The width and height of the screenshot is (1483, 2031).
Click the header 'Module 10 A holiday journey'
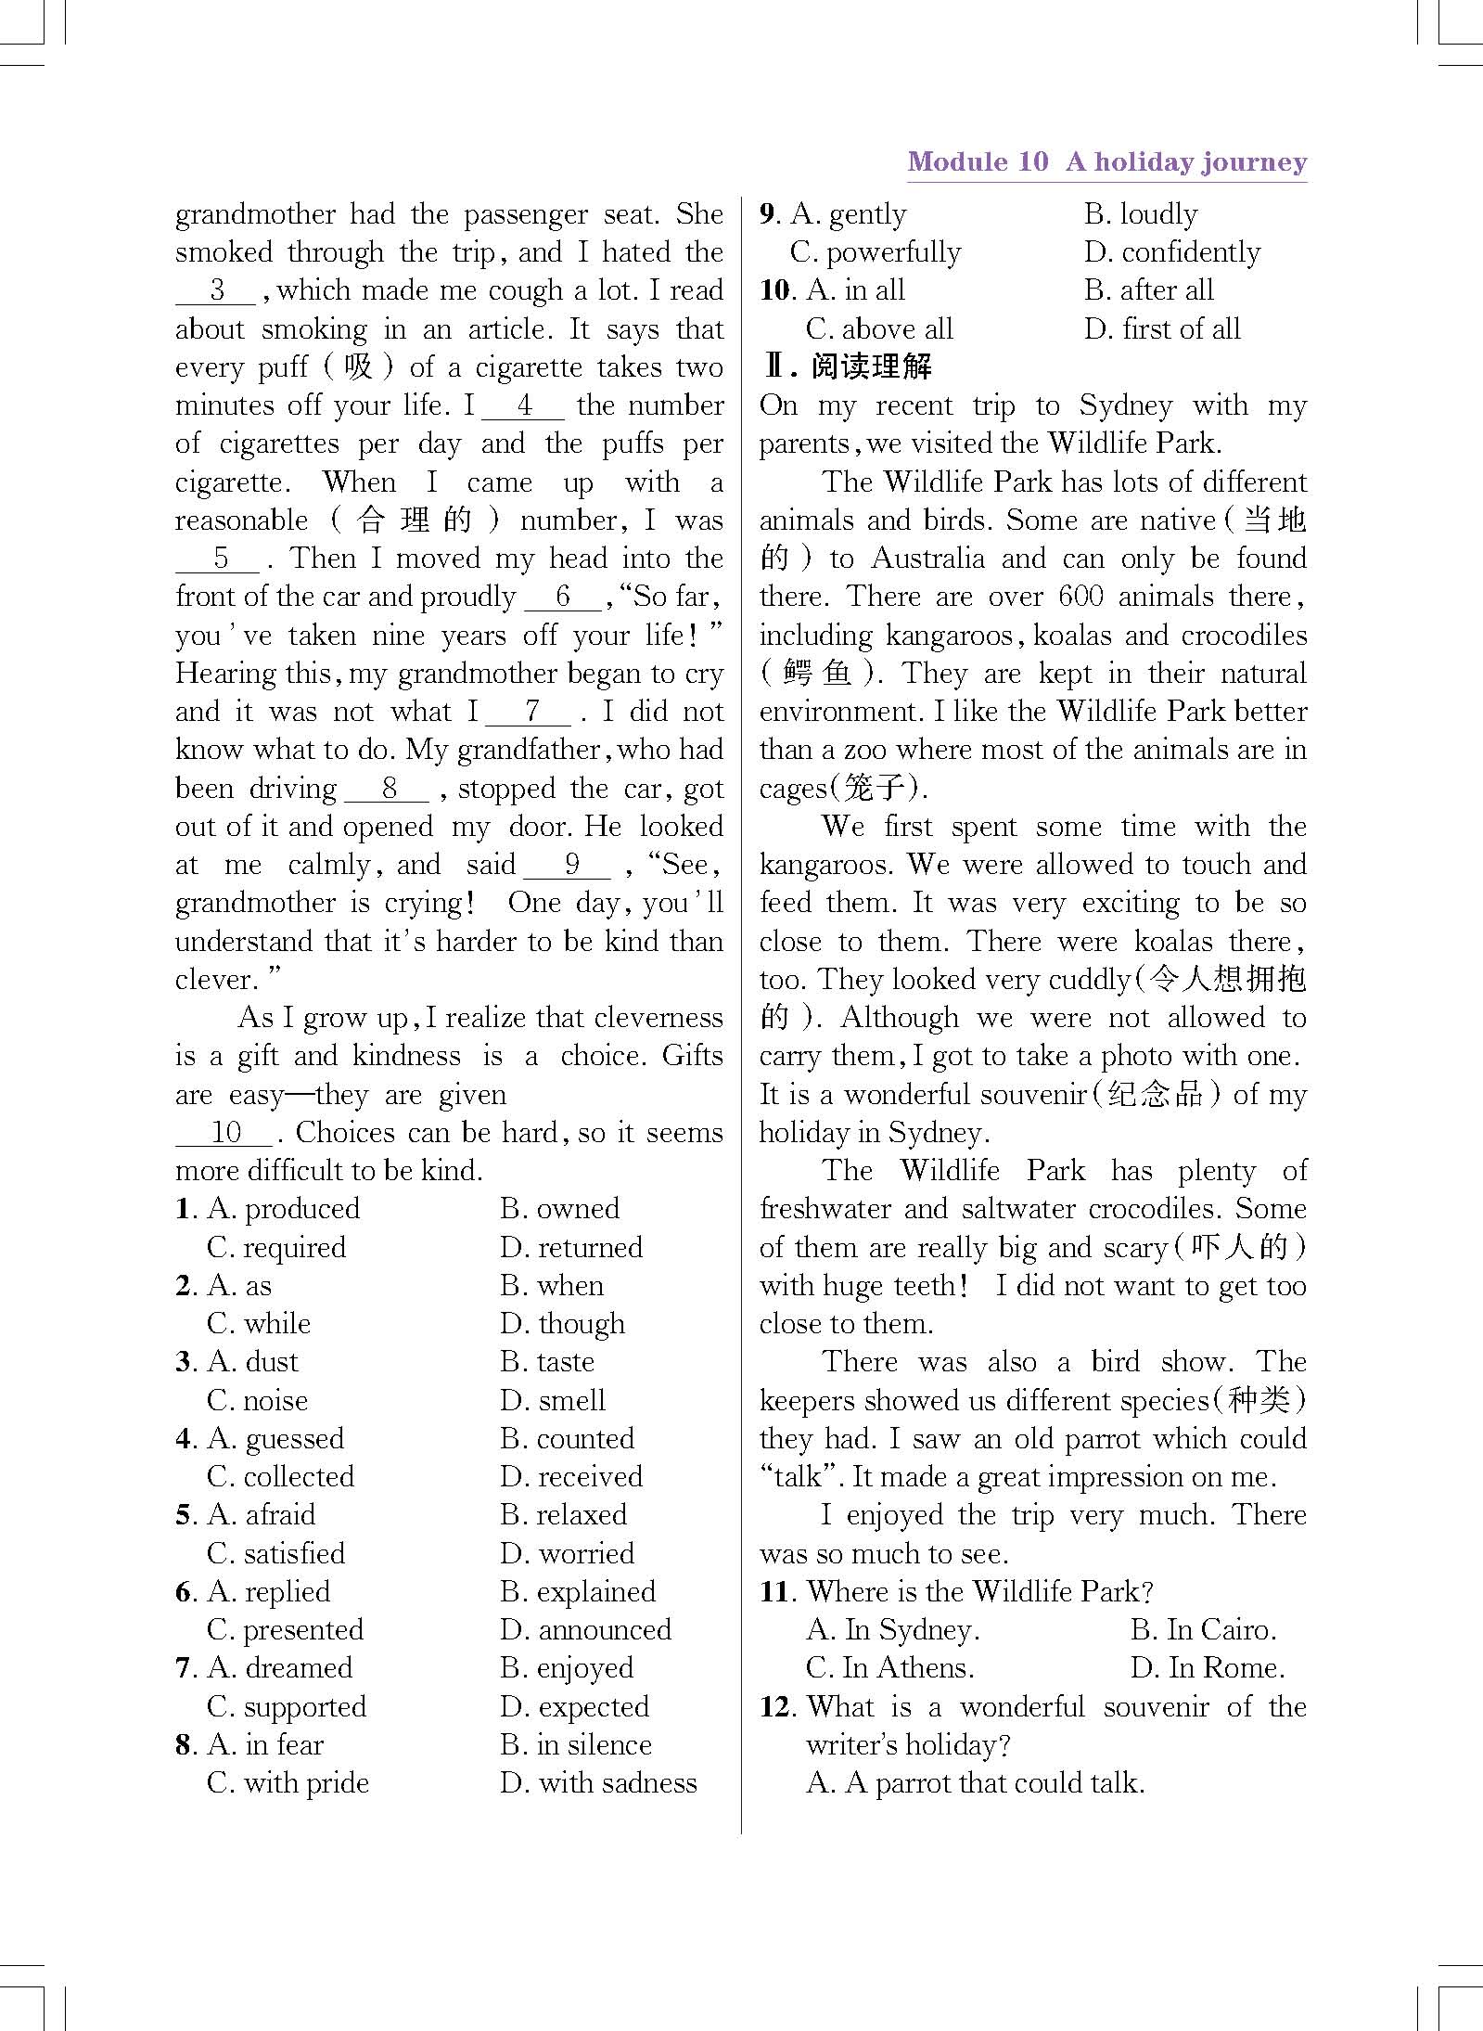pyautogui.click(x=1106, y=162)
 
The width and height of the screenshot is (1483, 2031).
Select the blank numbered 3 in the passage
pyautogui.click(x=215, y=290)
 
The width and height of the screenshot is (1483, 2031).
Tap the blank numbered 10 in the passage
pyautogui.click(x=224, y=1133)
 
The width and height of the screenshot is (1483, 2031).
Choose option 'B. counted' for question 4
pyautogui.click(x=567, y=1439)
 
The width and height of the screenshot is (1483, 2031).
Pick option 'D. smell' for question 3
pyautogui.click(x=553, y=1400)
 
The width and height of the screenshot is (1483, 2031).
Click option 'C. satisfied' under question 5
pyautogui.click(x=276, y=1553)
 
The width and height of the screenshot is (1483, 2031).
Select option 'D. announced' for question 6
pyautogui.click(x=585, y=1630)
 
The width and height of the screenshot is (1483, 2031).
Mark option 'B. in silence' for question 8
pyautogui.click(x=576, y=1745)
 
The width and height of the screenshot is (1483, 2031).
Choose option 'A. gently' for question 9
pyautogui.click(x=848, y=215)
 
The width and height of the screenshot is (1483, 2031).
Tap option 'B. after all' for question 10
pyautogui.click(x=1148, y=291)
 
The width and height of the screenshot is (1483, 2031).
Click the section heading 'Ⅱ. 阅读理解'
pyautogui.click(x=847, y=366)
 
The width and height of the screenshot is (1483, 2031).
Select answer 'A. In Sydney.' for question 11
pyautogui.click(x=893, y=1630)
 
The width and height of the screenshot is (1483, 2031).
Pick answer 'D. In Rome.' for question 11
pyautogui.click(x=1208, y=1668)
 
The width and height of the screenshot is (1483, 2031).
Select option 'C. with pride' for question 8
pyautogui.click(x=288, y=1783)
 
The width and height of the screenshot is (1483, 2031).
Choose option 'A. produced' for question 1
pyautogui.click(x=284, y=1209)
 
